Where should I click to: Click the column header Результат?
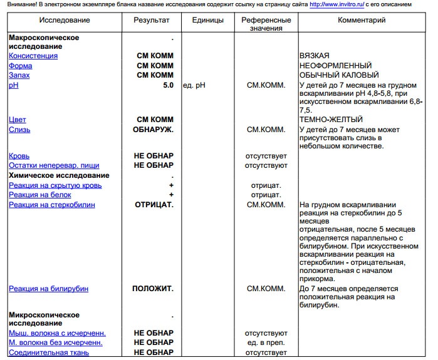click(151, 20)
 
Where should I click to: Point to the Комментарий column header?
click(362, 20)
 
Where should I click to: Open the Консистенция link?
click(33, 56)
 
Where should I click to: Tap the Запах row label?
click(19, 75)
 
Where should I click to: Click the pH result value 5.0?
click(167, 85)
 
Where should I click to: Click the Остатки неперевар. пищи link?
click(54, 165)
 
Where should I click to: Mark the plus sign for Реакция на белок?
click(170, 195)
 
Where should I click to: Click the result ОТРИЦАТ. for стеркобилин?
click(154, 205)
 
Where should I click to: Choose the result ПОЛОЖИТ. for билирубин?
click(153, 289)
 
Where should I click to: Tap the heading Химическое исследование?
click(59, 175)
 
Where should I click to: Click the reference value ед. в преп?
click(266, 342)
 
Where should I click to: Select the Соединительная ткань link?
click(48, 352)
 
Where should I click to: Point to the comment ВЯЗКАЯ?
click(315, 56)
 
